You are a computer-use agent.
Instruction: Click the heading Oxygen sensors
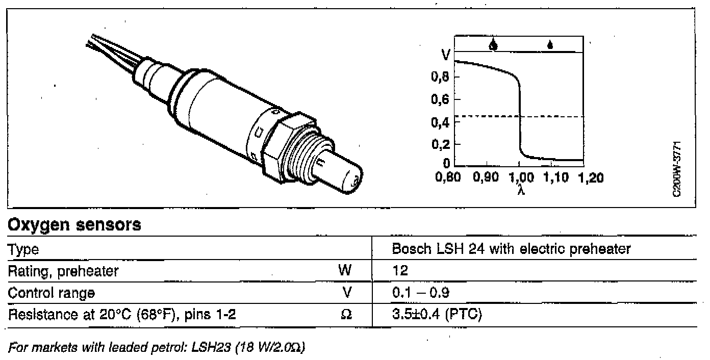point(74,225)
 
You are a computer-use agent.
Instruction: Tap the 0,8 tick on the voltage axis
point(440,76)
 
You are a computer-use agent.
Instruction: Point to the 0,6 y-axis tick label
point(440,99)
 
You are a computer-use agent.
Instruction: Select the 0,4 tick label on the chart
point(440,122)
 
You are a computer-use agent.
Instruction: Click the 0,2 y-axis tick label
point(440,144)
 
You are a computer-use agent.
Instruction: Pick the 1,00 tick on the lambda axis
point(521,177)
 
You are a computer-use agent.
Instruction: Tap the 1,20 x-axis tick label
point(591,177)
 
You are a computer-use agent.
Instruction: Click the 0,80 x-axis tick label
point(448,177)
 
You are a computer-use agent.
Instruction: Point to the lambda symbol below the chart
point(521,190)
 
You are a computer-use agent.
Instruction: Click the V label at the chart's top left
point(446,55)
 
